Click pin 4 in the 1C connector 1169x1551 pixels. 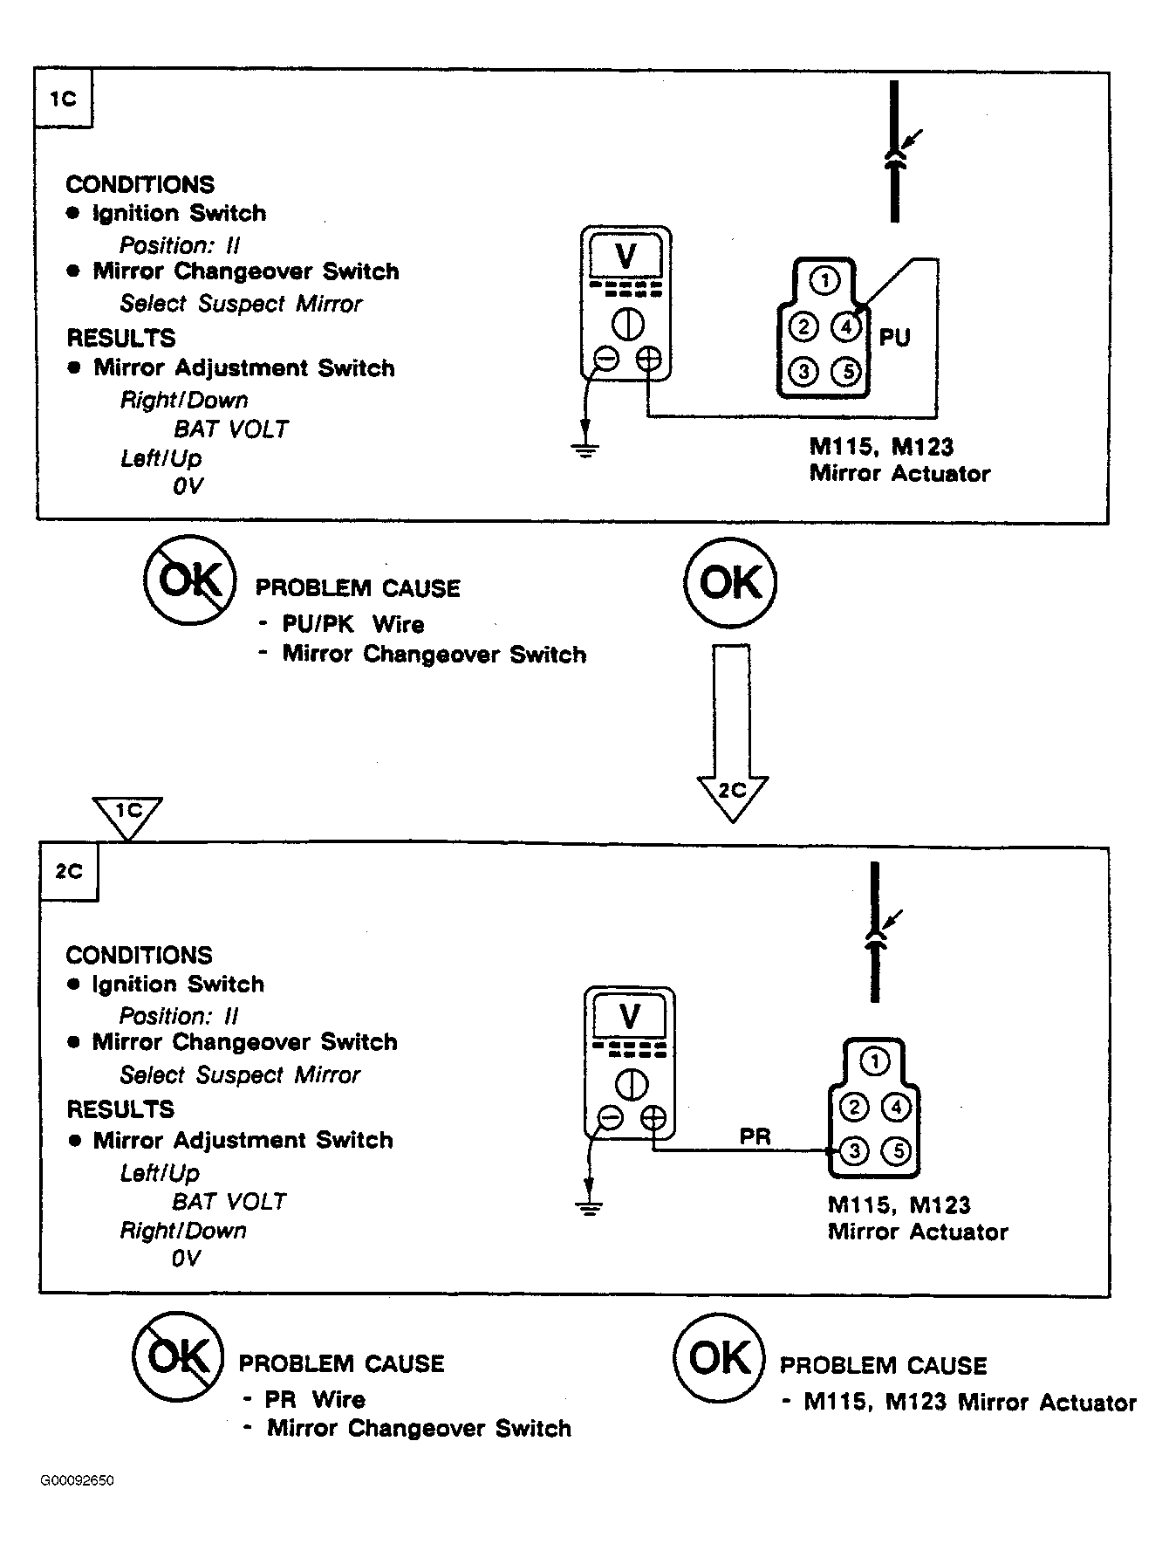[x=845, y=327]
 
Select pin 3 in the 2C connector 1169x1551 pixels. [x=854, y=1151]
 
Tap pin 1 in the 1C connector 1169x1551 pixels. [x=824, y=281]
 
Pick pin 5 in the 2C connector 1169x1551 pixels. [x=897, y=1151]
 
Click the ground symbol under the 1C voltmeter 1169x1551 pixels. [x=585, y=450]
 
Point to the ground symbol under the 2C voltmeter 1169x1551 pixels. [x=590, y=1208]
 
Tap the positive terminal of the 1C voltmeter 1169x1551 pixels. [x=648, y=359]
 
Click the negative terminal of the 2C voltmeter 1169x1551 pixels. [x=610, y=1119]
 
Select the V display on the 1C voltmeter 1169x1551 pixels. [x=626, y=256]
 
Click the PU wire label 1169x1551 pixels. [x=894, y=338]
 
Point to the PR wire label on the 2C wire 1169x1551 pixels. [x=755, y=1136]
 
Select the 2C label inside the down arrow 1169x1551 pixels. [x=732, y=790]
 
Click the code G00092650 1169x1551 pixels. [x=77, y=1481]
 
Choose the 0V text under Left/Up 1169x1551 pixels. [x=187, y=486]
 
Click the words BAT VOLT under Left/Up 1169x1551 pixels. [x=229, y=1202]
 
